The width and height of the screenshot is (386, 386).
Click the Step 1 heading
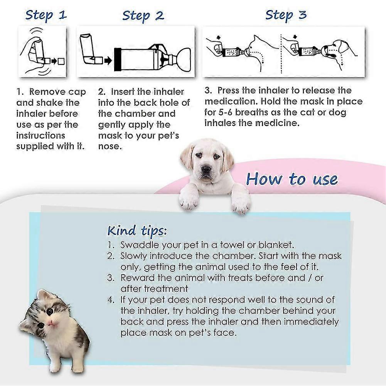(x=46, y=15)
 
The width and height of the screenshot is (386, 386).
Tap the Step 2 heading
(x=143, y=16)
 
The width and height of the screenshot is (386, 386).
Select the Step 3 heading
(x=286, y=15)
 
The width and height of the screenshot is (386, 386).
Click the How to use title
(x=292, y=179)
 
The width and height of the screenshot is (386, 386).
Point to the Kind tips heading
(x=137, y=231)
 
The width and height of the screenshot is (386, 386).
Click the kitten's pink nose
(x=49, y=322)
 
